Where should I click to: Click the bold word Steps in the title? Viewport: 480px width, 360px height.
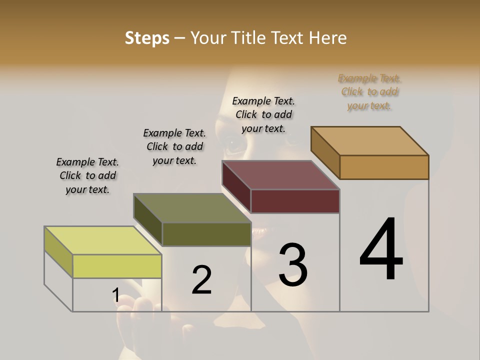(147, 38)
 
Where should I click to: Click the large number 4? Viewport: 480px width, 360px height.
(381, 249)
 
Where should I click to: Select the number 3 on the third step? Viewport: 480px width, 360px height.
(293, 265)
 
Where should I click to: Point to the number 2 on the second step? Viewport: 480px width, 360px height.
(202, 279)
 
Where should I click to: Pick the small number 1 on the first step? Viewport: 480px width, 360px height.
(115, 295)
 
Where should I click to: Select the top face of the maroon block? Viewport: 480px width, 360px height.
(281, 175)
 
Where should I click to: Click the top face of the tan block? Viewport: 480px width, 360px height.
(370, 141)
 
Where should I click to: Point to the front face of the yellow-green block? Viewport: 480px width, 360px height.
(117, 266)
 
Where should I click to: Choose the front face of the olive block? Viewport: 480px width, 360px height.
(206, 234)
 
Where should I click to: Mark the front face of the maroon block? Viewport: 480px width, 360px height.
(295, 201)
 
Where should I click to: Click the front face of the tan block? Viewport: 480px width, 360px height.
(384, 167)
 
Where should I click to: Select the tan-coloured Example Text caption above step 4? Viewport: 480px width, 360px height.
(369, 92)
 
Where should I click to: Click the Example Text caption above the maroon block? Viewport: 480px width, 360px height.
(263, 114)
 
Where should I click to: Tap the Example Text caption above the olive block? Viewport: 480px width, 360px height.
(174, 146)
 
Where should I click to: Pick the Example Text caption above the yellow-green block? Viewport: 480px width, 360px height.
(87, 175)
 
